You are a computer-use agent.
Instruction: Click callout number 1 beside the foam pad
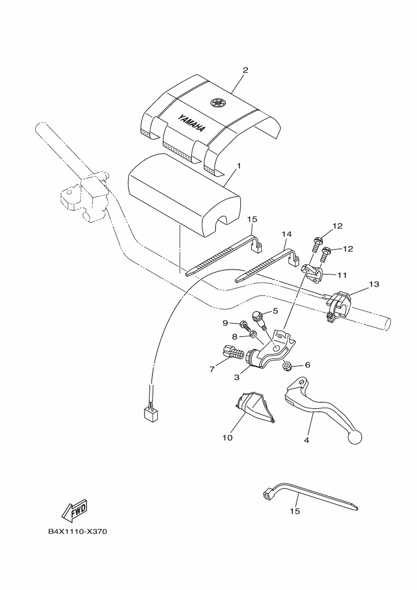pyautogui.click(x=238, y=167)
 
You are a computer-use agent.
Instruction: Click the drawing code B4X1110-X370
pyautogui.click(x=78, y=531)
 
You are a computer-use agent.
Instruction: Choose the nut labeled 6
pyautogui.click(x=287, y=365)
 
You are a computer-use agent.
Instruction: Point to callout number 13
pyautogui.click(x=373, y=285)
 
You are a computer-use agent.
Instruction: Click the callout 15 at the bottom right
pyautogui.click(x=295, y=512)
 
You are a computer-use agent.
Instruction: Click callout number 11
pyautogui.click(x=342, y=275)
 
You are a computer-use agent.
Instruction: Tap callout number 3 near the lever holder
pyautogui.click(x=237, y=377)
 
